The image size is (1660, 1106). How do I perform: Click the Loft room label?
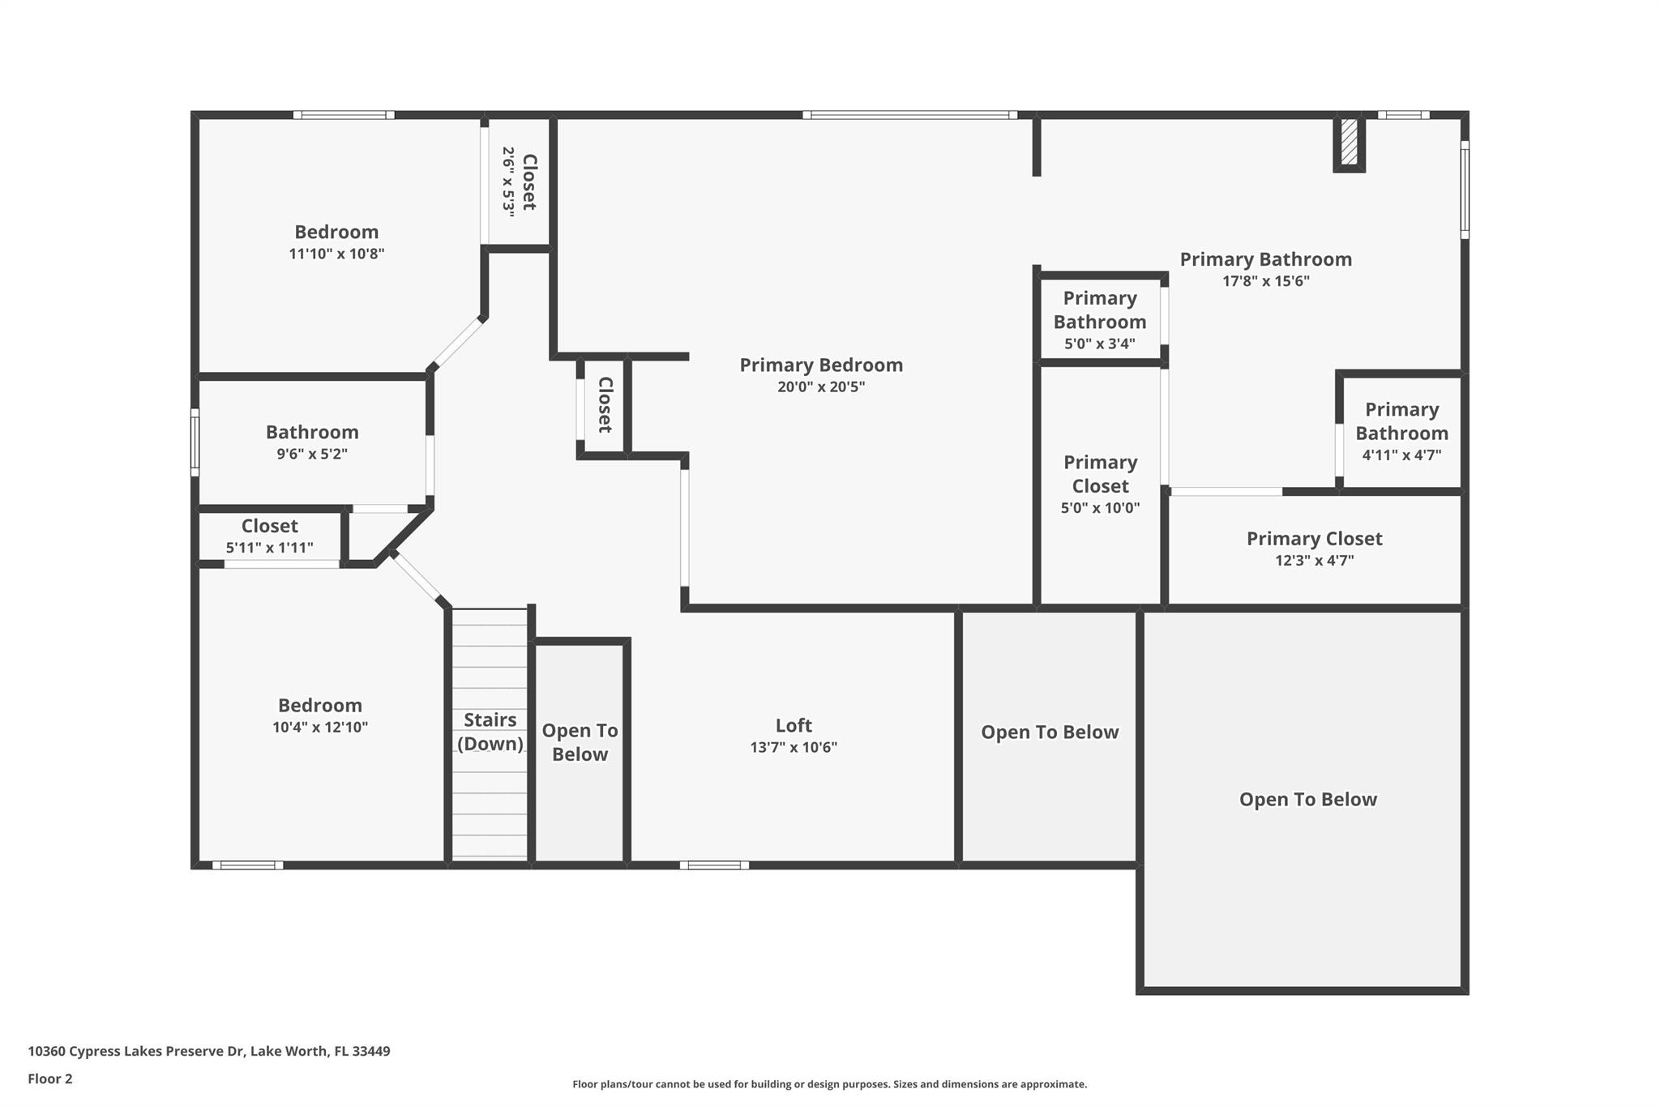[x=793, y=725]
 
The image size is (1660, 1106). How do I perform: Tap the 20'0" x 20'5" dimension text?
[x=820, y=387]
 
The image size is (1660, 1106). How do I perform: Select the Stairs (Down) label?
[x=490, y=732]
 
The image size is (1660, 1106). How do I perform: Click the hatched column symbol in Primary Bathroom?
[x=1349, y=143]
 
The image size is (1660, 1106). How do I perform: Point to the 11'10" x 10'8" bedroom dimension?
[x=336, y=254]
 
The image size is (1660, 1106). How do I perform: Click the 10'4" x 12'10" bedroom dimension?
[x=319, y=728]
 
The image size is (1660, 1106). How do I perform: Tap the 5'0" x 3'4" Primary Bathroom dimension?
[x=1099, y=344]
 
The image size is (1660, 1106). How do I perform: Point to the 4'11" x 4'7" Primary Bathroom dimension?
[x=1401, y=455]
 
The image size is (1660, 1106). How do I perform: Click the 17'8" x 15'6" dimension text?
[x=1265, y=282]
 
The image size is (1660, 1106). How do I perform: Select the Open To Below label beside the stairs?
[x=580, y=742]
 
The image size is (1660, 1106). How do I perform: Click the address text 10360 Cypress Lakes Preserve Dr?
[x=208, y=1051]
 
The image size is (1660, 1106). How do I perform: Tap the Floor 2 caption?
[x=50, y=1078]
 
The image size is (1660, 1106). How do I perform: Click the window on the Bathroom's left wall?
[x=195, y=442]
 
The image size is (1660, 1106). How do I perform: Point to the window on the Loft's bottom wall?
[x=714, y=865]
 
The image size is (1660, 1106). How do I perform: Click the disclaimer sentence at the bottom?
[x=829, y=1084]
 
